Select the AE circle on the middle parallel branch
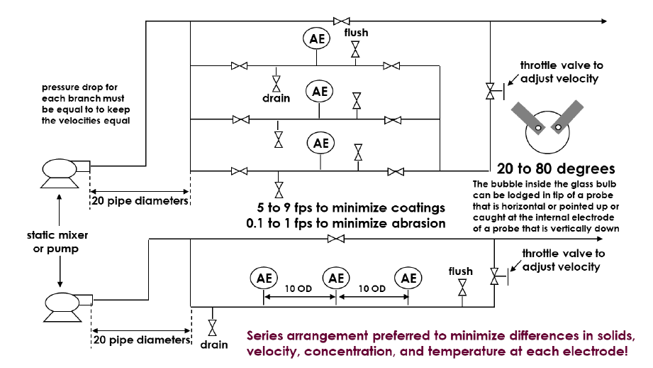point(320,91)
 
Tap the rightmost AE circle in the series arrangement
point(408,278)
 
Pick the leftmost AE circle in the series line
point(263,278)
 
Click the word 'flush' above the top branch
point(356,33)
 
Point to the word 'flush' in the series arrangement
point(461,271)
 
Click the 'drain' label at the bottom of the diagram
point(213,345)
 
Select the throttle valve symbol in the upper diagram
point(490,90)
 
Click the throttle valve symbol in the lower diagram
point(493,276)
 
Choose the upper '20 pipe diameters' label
point(140,200)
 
